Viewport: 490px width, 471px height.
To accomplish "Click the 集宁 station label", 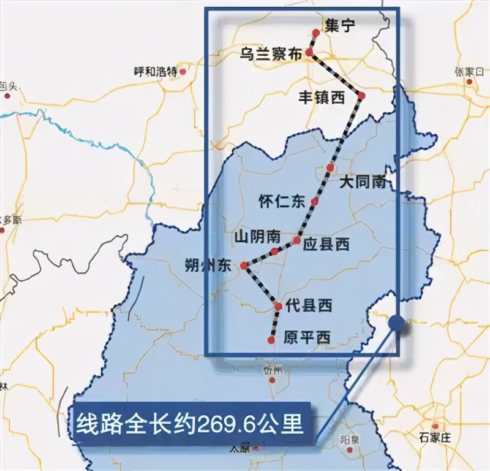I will tap(341, 26).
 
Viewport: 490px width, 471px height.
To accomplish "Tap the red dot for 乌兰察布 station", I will tap(309, 53).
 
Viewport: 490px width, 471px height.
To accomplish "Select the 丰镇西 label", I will tap(322, 97).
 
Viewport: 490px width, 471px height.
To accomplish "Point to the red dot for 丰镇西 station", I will tap(361, 96).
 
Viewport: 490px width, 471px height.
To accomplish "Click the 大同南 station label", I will tap(363, 182).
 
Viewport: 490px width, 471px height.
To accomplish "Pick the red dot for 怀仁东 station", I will tap(314, 202).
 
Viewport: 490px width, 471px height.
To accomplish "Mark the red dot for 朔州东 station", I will tap(244, 266).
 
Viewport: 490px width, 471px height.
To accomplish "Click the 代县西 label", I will tap(309, 305).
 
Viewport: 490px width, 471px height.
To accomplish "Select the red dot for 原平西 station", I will tap(271, 340).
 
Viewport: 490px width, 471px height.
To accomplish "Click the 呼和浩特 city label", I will tap(155, 71).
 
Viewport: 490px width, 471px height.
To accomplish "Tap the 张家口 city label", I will tap(470, 71).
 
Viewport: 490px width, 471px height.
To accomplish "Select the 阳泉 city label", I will tap(349, 440).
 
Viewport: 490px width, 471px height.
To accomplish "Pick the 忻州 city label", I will tap(273, 370).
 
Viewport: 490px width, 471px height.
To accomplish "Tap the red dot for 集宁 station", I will tap(315, 33).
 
